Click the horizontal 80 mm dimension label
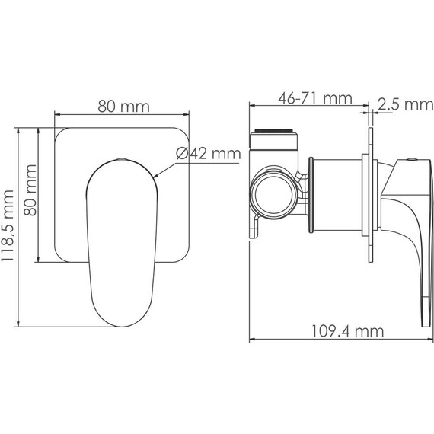(123, 107)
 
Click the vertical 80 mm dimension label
(30, 190)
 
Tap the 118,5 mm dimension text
(8, 225)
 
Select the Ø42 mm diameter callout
(209, 153)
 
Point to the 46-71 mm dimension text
(315, 98)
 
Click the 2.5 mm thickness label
(406, 104)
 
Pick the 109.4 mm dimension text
(348, 331)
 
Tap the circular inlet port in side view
(273, 195)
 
